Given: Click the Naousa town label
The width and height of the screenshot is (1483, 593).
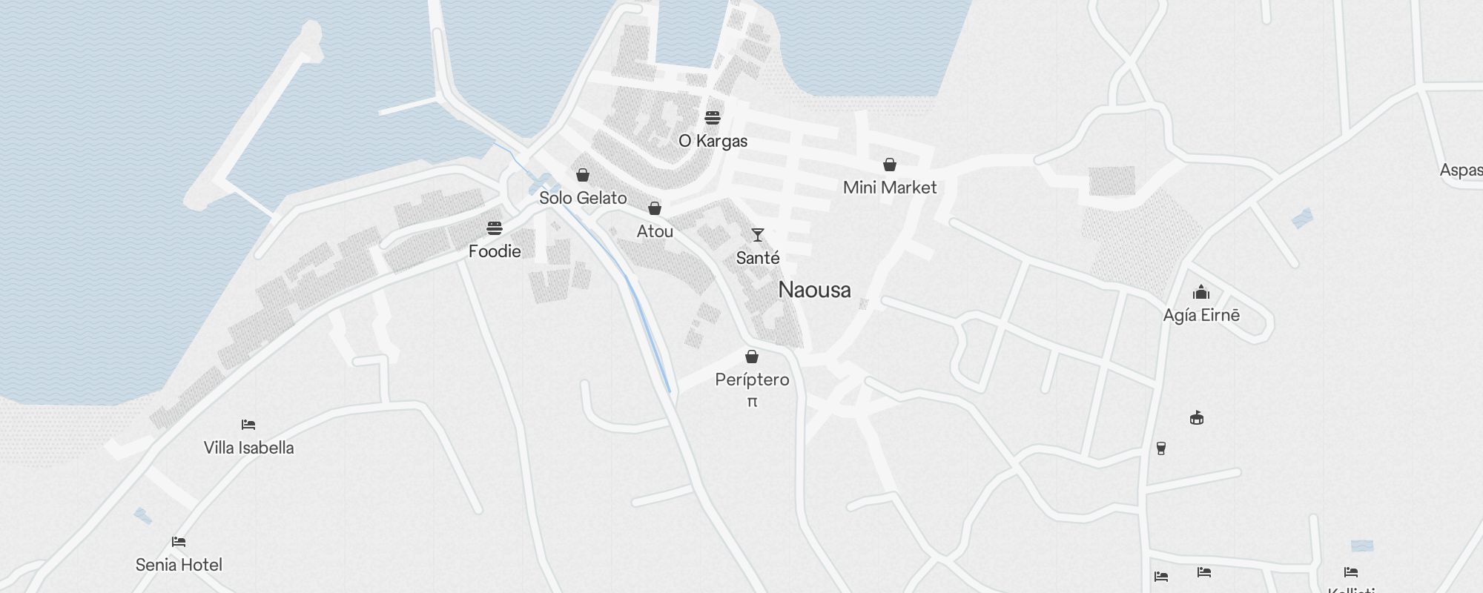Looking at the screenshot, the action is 814,290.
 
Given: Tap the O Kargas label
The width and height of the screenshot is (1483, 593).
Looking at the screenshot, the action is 713,141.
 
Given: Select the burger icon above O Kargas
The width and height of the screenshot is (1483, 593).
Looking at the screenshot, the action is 713,118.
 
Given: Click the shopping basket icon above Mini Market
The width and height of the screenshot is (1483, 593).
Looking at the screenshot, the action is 890,165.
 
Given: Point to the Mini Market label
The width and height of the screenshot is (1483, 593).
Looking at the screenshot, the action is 890,188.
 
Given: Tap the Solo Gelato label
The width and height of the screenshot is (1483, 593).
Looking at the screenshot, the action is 583,198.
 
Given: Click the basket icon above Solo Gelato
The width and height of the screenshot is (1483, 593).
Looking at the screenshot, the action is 583,175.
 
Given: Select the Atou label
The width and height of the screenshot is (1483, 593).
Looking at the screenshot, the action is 655,231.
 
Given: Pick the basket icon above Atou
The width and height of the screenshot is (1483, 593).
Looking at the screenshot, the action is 655,208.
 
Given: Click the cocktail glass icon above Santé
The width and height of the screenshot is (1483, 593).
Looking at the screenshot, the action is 758,235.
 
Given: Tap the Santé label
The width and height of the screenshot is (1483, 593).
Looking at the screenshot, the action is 758,258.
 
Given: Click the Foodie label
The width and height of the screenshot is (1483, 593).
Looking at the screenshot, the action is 495,251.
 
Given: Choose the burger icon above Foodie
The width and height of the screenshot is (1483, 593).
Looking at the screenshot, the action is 495,228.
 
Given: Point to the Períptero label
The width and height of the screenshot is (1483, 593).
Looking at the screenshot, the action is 752,380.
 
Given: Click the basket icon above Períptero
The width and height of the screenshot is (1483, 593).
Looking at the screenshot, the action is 752,357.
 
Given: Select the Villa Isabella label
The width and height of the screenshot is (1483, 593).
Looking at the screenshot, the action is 248,448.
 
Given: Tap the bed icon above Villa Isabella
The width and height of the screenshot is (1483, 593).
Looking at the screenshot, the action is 248,425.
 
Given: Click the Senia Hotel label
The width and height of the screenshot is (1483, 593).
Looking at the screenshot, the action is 179,565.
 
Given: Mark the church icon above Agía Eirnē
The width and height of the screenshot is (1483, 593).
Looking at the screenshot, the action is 1201,292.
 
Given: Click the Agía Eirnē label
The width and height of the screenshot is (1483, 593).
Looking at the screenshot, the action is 1201,315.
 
